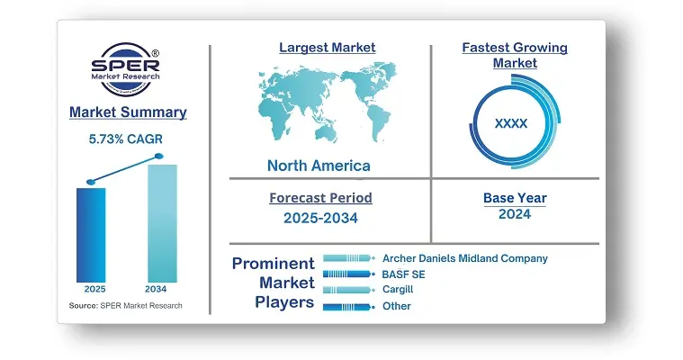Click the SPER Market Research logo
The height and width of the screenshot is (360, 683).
(125, 69)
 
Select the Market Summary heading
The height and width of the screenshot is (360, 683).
(128, 112)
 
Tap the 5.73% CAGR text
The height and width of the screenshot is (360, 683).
(125, 139)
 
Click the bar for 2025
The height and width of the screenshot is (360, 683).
(91, 235)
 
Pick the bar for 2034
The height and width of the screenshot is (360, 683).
(163, 223)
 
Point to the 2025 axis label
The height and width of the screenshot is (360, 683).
(95, 289)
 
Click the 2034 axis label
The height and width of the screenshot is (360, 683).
(156, 289)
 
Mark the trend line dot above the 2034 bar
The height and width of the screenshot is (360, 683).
(159, 156)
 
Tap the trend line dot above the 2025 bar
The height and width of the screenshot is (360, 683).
(91, 182)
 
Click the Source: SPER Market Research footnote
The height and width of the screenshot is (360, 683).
(125, 305)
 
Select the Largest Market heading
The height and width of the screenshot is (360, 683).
(328, 48)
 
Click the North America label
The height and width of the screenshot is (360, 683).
(319, 166)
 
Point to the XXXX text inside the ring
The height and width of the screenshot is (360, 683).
(511, 123)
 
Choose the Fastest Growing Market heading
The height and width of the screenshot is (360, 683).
(515, 55)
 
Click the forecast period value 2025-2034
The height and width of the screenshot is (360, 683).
(320, 218)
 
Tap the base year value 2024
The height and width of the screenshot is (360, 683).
(515, 214)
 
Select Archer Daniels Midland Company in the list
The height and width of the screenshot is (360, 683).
(465, 258)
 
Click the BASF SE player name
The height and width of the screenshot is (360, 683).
(403, 274)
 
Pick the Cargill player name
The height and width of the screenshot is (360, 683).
(398, 290)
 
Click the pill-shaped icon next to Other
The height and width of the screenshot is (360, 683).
(349, 307)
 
